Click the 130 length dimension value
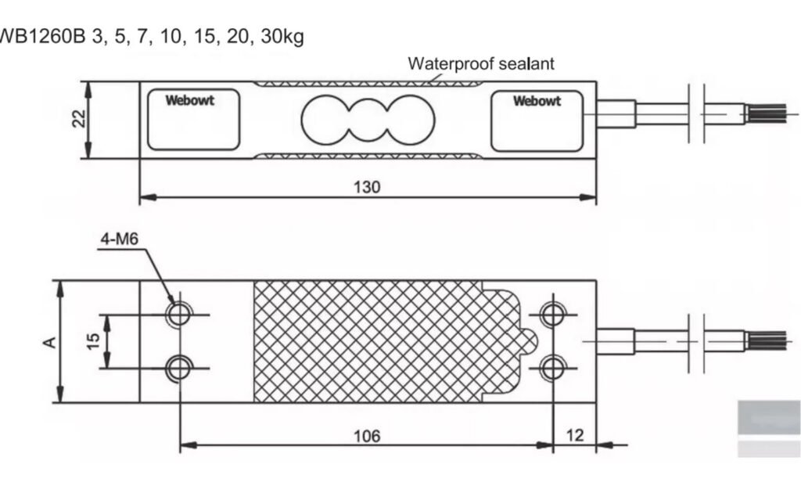(x=367, y=187)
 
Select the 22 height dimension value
(x=77, y=120)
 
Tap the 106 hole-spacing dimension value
(x=366, y=435)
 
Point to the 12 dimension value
(x=575, y=434)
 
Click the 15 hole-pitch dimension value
(x=93, y=341)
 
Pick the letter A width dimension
(x=48, y=342)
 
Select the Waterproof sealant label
(x=480, y=63)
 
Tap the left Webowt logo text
(x=189, y=100)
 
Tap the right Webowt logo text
(x=537, y=100)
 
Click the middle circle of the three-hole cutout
(x=367, y=120)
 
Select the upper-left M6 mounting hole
(x=180, y=315)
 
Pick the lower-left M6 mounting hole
(x=180, y=366)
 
